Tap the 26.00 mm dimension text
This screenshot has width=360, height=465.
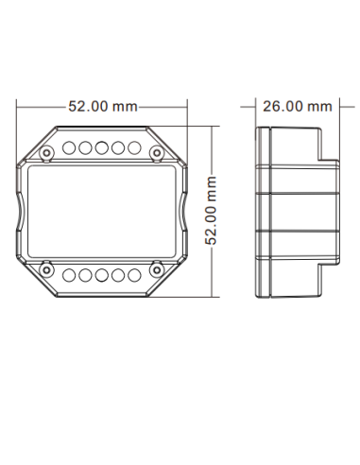click(297, 106)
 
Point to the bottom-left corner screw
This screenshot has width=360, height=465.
click(45, 272)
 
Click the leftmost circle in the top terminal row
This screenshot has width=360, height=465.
click(71, 148)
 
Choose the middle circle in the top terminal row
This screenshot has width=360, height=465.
click(100, 148)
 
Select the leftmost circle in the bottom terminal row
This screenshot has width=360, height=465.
click(71, 274)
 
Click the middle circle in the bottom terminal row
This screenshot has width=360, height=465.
click(100, 274)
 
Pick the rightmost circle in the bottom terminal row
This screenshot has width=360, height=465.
click(130, 274)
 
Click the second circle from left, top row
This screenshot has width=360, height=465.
click(85, 148)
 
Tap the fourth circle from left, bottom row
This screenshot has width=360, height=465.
click(115, 274)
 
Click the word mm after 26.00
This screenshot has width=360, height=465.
click(320, 106)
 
